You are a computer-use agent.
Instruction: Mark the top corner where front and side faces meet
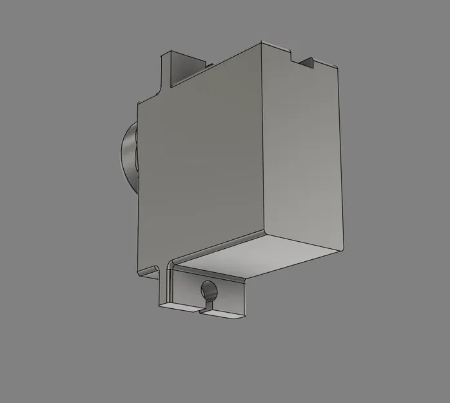coord(260,43)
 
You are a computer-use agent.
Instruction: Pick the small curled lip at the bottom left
coord(150,269)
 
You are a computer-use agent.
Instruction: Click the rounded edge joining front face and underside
coord(219,247)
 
